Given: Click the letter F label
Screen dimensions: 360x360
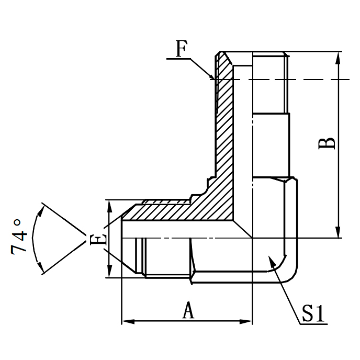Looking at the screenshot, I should click(181, 49).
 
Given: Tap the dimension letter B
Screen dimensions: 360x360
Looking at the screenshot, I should click(327, 143).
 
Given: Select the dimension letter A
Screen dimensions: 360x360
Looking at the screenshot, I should click(188, 310).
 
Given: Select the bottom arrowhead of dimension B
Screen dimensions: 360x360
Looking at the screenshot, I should click(339, 234).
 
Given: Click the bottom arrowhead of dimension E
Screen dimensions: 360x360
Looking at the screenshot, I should click(109, 274).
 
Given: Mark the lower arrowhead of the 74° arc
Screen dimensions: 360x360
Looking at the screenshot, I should click(41, 269).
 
